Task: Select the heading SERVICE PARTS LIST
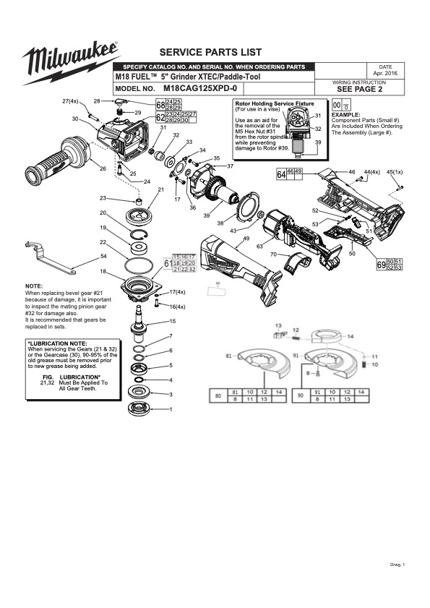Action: pyautogui.click(x=210, y=53)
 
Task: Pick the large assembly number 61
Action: pyautogui.click(x=168, y=265)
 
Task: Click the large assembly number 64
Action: pyautogui.click(x=281, y=174)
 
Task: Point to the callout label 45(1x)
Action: pyautogui.click(x=396, y=172)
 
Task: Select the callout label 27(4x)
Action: pyautogui.click(x=70, y=100)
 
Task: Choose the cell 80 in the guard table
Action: pyautogui.click(x=217, y=395)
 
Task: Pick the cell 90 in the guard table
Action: pyautogui.click(x=297, y=395)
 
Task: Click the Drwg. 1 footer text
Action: pyautogui.click(x=397, y=564)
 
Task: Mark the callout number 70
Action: pyautogui.click(x=273, y=254)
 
